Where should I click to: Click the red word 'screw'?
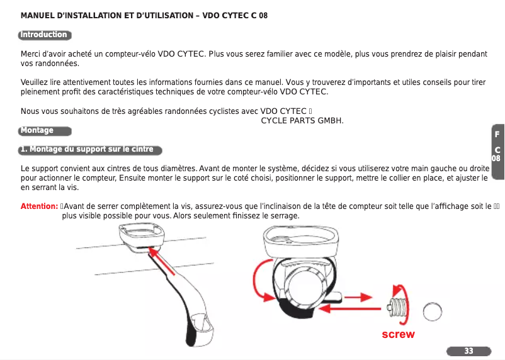pyautogui.click(x=398, y=334)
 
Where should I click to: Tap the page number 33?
pyautogui.click(x=468, y=351)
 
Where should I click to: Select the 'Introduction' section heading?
pyautogui.click(x=43, y=35)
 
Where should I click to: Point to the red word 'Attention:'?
pyautogui.click(x=40, y=206)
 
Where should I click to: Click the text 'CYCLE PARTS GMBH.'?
pyautogui.click(x=302, y=120)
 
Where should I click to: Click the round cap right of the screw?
pyautogui.click(x=434, y=311)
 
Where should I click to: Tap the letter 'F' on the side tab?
pyautogui.click(x=497, y=135)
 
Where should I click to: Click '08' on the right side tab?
pyautogui.click(x=496, y=159)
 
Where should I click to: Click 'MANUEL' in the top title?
pyautogui.click(x=38, y=14)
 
